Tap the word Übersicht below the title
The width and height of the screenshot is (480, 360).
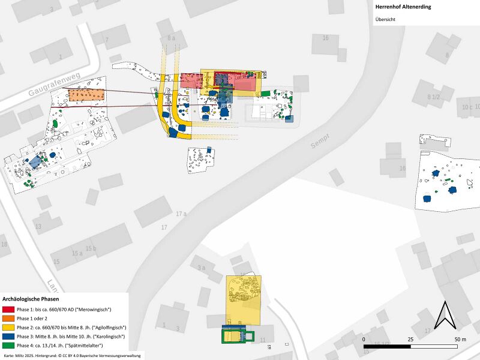[x=385, y=19]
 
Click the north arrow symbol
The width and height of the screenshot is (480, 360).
[x=445, y=316]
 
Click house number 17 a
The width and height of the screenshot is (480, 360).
[x=182, y=214]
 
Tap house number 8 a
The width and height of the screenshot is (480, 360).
[x=172, y=38]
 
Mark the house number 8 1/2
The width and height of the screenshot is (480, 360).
[x=433, y=97]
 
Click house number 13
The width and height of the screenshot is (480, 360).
[x=38, y=226]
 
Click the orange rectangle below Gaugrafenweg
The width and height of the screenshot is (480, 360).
[x=86, y=95]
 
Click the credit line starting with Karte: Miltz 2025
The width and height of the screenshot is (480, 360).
[x=72, y=356]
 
